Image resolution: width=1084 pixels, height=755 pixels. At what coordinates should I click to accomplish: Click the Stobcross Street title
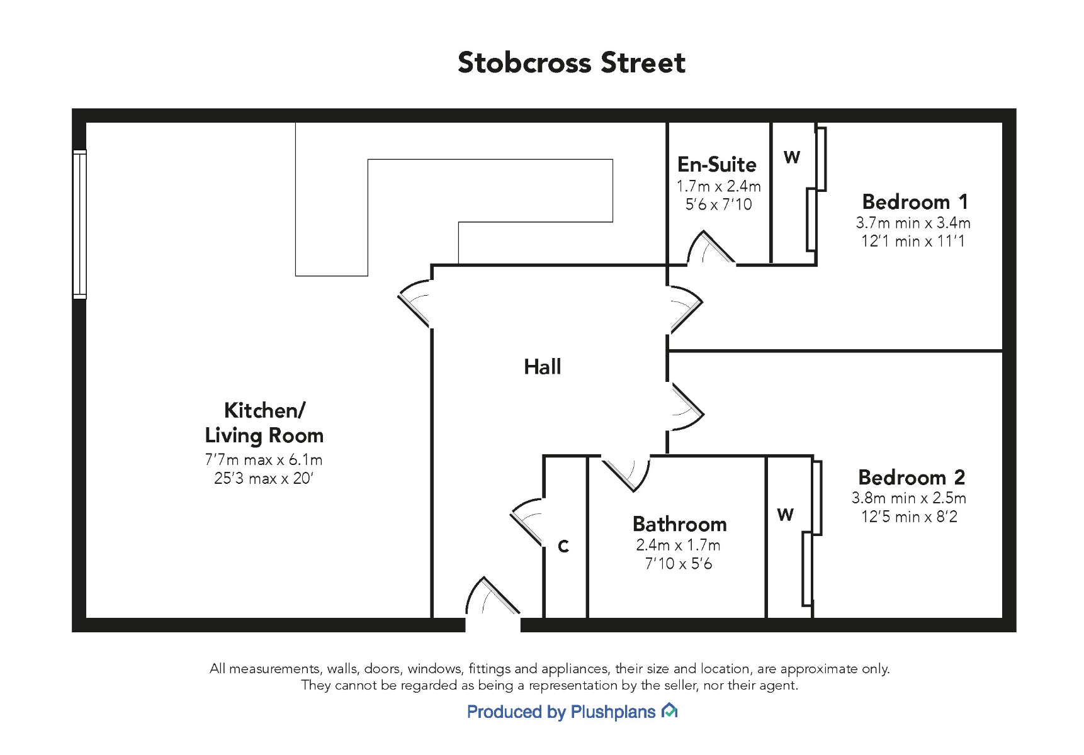pos(571,63)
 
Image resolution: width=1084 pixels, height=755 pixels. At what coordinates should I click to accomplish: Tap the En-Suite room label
pos(717,164)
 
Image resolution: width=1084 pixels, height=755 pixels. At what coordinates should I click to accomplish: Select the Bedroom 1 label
pos(915,201)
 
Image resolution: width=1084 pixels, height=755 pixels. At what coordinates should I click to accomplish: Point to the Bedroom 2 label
pos(912,477)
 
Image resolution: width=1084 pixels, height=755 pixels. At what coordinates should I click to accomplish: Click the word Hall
pos(542,367)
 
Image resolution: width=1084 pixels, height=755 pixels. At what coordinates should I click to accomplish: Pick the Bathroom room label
pos(679,524)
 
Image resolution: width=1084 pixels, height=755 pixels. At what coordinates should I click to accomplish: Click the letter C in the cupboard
pos(563,546)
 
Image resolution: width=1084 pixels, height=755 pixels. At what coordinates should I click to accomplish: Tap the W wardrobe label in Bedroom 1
pos(792,157)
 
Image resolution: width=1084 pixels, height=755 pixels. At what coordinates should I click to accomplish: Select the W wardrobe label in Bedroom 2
pos(785,515)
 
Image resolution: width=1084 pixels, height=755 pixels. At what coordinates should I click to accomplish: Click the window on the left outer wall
pos(79,224)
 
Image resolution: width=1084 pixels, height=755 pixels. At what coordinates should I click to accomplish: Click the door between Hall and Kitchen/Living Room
pos(415,303)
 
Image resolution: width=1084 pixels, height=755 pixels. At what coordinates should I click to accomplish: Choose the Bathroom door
pos(626,473)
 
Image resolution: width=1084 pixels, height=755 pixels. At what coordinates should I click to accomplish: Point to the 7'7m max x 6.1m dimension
pos(264,460)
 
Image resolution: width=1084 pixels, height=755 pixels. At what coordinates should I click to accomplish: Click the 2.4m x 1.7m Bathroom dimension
pos(678,545)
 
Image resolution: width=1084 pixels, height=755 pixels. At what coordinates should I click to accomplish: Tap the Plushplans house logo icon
pos(669,711)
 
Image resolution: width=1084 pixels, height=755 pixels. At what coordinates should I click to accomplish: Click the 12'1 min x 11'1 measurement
pos(913,241)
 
